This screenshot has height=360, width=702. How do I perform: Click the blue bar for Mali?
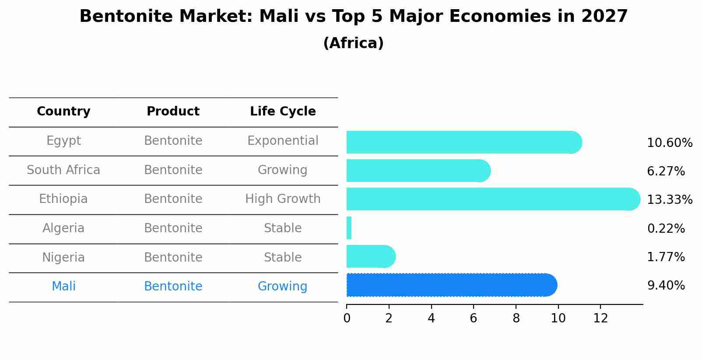click(x=451, y=285)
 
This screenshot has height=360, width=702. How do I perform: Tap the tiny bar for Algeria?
click(x=349, y=228)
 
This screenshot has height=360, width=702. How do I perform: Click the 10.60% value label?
click(x=669, y=143)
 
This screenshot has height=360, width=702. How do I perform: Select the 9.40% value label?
click(x=666, y=286)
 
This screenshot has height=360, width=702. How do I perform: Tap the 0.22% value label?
click(x=666, y=228)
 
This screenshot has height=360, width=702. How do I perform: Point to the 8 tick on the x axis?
click(x=516, y=318)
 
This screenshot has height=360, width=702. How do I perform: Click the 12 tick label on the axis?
click(x=600, y=318)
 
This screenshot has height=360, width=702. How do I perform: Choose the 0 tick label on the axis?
click(x=347, y=318)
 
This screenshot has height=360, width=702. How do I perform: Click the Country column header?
click(x=63, y=112)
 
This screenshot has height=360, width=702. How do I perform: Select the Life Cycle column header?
click(x=283, y=112)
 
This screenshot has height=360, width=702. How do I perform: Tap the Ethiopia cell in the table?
click(x=63, y=199)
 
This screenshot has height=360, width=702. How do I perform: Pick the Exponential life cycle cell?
click(x=283, y=141)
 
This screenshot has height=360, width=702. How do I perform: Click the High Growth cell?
click(x=283, y=199)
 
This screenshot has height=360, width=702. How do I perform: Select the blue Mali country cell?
click(x=63, y=287)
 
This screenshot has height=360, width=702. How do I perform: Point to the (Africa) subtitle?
click(x=353, y=43)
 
